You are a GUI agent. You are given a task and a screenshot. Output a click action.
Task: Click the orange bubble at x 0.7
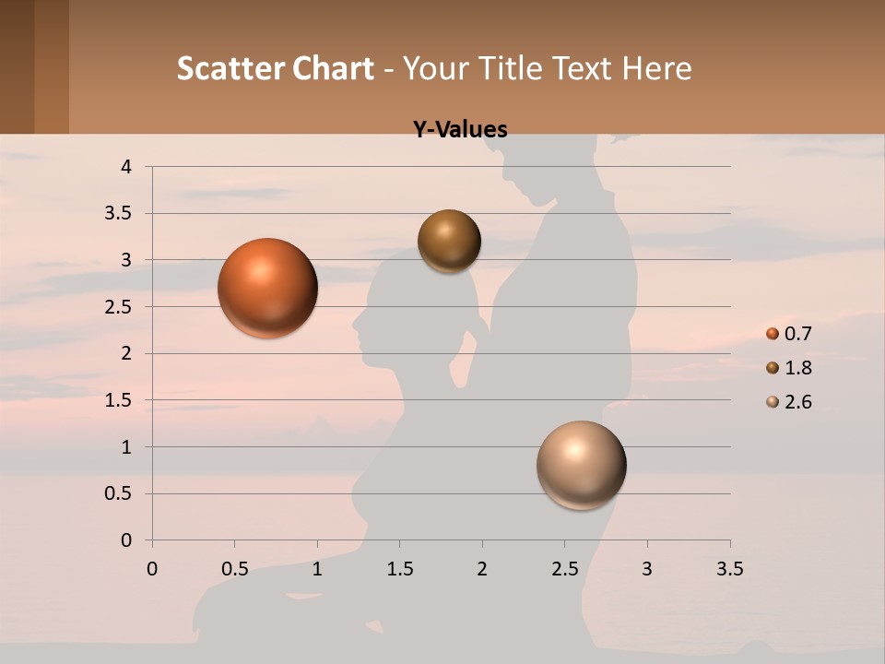[268, 288]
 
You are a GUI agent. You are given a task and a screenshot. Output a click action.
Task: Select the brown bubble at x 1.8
[449, 241]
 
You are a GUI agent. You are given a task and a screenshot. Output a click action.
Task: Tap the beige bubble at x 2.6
[581, 465]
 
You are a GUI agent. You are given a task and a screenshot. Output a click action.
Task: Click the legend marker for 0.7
[773, 334]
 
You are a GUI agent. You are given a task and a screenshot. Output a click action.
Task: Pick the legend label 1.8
[797, 368]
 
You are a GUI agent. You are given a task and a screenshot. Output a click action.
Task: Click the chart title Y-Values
[460, 130]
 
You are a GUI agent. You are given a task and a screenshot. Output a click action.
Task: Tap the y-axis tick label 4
[126, 167]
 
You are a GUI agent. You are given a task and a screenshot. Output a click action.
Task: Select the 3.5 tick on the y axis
[120, 214]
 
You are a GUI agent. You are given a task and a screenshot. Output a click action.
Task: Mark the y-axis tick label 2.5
[120, 307]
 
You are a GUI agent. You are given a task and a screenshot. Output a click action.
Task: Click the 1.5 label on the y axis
[120, 400]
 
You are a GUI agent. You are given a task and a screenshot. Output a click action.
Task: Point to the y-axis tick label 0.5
[120, 493]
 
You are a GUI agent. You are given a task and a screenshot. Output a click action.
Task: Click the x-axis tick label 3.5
[729, 569]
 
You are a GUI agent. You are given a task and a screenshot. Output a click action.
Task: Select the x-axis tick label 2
[482, 569]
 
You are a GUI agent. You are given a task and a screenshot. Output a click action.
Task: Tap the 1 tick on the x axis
[317, 569]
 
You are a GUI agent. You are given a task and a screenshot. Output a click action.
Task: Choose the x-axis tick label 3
[647, 569]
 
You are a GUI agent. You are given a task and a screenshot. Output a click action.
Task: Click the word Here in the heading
[656, 68]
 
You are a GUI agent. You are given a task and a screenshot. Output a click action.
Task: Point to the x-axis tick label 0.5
[234, 569]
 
